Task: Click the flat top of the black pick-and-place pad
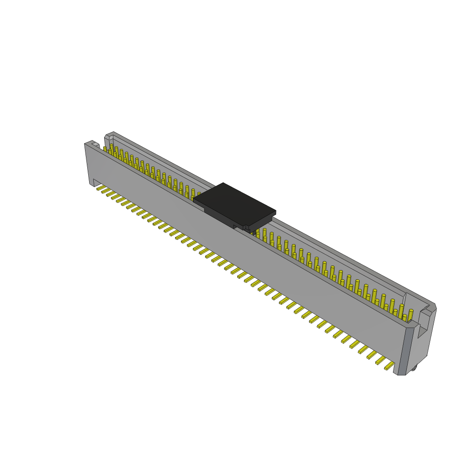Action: tap(234, 203)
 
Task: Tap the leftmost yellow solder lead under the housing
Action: tap(101, 187)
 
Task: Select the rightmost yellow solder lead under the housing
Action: tap(389, 365)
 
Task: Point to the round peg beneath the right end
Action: tap(413, 367)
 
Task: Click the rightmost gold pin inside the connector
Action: tap(410, 314)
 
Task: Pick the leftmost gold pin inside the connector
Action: tap(105, 149)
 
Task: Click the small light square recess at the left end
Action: tap(96, 145)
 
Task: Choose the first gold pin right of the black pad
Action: tap(257, 234)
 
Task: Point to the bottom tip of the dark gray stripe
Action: tap(401, 373)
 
